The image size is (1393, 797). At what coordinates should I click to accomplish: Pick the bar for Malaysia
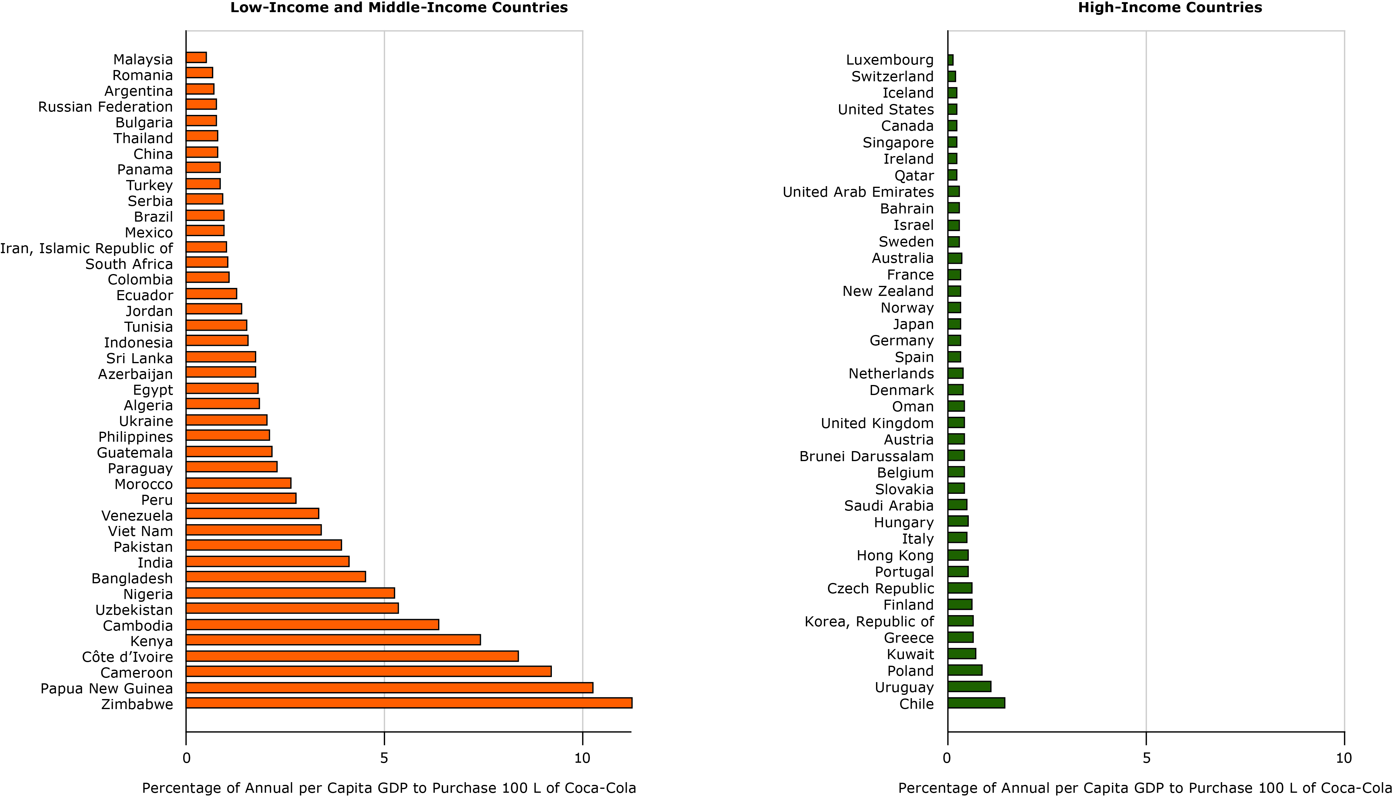[196, 58]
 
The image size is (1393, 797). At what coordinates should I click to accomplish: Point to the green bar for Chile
[976, 703]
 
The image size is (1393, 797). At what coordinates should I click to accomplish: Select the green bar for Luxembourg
[951, 60]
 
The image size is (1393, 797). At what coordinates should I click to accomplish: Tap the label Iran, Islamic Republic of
[86, 249]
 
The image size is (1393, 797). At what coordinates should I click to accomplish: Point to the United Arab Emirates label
[858, 192]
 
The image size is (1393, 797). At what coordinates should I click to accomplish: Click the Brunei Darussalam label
[866, 457]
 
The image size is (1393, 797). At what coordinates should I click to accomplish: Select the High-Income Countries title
[1170, 8]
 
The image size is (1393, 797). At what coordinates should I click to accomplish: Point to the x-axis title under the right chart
[1145, 788]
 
